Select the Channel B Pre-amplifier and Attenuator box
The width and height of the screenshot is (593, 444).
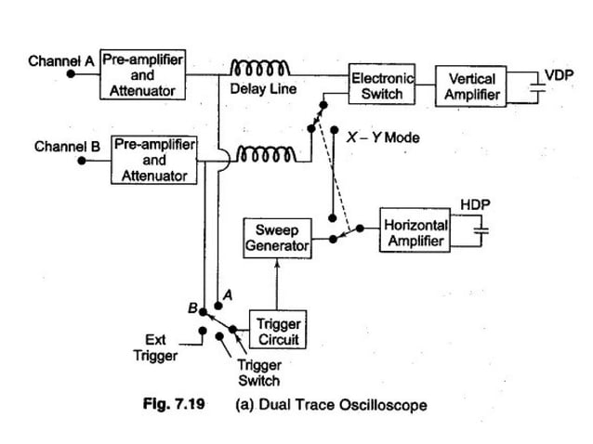(154, 160)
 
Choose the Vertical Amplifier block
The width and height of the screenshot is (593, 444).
(472, 86)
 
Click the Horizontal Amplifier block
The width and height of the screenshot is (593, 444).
(415, 232)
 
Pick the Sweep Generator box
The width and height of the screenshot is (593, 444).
(270, 238)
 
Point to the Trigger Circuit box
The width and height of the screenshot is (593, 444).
(278, 331)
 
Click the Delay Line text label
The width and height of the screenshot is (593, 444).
(261, 90)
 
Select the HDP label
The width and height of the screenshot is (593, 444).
(475, 203)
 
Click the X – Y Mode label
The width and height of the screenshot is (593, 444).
(382, 137)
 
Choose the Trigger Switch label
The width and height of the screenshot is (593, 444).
(258, 373)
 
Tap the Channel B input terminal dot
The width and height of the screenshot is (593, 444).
(83, 161)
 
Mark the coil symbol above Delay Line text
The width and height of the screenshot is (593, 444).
(261, 68)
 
